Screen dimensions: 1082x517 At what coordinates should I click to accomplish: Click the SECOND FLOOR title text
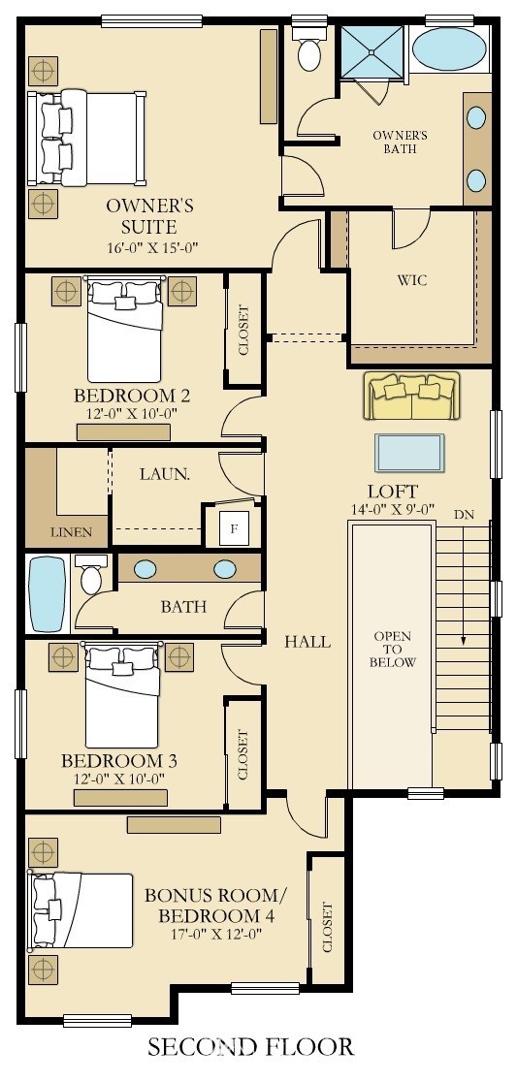[x=251, y=1046]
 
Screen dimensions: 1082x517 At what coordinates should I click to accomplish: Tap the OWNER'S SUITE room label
[x=149, y=216]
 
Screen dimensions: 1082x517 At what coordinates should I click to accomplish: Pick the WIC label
[x=412, y=280]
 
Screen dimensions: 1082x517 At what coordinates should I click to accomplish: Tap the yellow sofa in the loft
[x=410, y=396]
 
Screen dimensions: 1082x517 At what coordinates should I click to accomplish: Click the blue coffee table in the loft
[x=409, y=452]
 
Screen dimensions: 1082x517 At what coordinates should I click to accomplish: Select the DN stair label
[x=465, y=514]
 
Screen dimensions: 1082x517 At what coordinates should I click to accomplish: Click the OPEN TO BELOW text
[x=393, y=650]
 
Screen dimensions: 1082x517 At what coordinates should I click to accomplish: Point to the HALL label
[x=307, y=641]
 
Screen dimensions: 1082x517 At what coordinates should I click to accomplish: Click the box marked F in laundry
[x=233, y=528]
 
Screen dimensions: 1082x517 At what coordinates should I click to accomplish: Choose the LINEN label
[x=72, y=532]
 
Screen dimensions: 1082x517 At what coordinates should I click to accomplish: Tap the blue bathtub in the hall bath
[x=47, y=592]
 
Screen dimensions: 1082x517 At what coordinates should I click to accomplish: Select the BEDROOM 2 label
[x=132, y=396]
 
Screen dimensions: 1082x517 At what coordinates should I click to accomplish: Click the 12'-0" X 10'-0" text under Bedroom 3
[x=119, y=779]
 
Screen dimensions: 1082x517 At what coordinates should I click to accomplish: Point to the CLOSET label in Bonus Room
[x=327, y=928]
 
